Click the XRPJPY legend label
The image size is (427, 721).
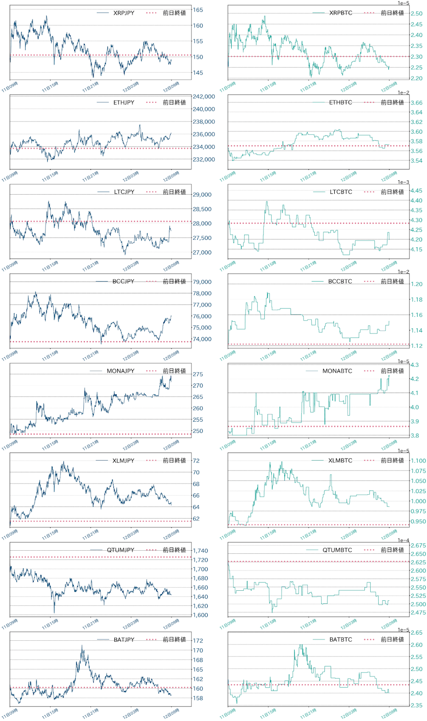tap(123, 13)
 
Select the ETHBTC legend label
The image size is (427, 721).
tap(341, 102)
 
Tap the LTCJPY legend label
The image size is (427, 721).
tap(124, 192)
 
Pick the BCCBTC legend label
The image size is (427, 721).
tap(340, 281)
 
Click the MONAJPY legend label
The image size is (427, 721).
tap(120, 371)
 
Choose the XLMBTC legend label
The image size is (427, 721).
tap(340, 461)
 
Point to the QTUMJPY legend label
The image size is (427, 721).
tap(120, 550)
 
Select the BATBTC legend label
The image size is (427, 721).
tap(341, 639)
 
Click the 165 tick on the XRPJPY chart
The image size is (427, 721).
tap(198, 10)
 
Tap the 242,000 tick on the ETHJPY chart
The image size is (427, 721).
tap(204, 96)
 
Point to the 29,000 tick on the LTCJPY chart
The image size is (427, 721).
tap(202, 195)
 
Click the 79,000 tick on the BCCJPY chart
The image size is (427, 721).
tap(202, 282)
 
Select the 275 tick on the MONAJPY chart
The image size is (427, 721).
tap(198, 374)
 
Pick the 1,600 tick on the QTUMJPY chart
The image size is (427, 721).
tap(200, 615)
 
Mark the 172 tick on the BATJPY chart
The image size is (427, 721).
tap(198, 640)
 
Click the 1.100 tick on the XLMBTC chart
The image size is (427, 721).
tap(418, 461)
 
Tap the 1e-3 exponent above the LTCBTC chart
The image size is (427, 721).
tap(404, 182)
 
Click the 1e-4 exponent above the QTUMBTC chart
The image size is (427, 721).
tap(404, 540)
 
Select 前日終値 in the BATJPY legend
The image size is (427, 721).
tap(174, 639)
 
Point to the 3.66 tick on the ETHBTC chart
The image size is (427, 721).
tap(416, 103)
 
